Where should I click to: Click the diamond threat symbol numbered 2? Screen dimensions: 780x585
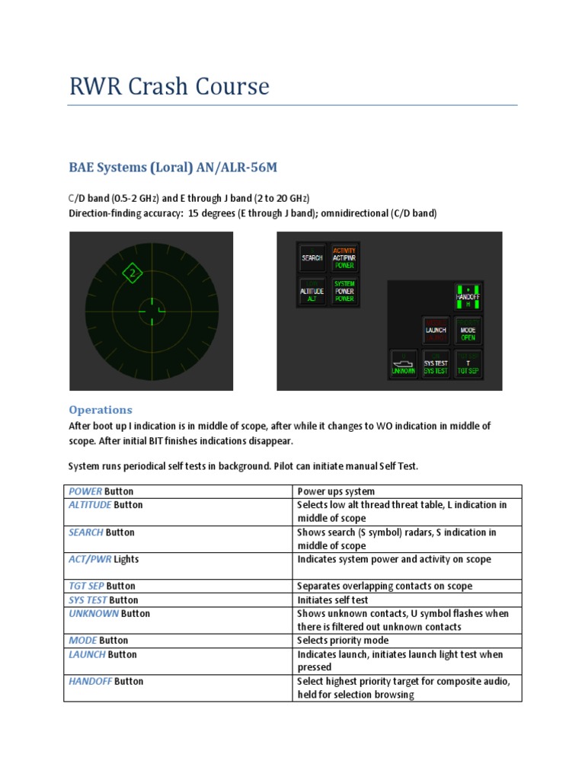pyautogui.click(x=133, y=273)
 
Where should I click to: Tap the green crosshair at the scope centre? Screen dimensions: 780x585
pyautogui.click(x=151, y=309)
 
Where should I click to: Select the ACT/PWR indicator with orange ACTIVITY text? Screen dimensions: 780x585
pyautogui.click(x=344, y=258)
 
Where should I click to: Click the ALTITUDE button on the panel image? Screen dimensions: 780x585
pyautogui.click(x=312, y=292)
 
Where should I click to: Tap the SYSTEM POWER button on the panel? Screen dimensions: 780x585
pyautogui.click(x=344, y=292)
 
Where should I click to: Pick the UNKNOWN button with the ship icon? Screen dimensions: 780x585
pyautogui.click(x=404, y=364)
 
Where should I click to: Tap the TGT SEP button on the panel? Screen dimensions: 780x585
pyautogui.click(x=468, y=364)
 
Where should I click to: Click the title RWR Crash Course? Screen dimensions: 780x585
pyautogui.click(x=169, y=87)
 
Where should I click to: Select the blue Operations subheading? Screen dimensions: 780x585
pyautogui.click(x=101, y=409)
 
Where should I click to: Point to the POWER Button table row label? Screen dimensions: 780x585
pyautogui.click(x=106, y=491)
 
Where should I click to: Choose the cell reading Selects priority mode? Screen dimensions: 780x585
pyautogui.click(x=343, y=641)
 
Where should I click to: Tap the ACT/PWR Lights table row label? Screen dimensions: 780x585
pyautogui.click(x=104, y=559)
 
